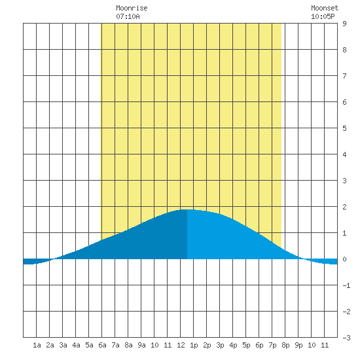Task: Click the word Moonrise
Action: pyautogui.click(x=132, y=8)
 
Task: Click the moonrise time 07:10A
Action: pyautogui.click(x=128, y=16)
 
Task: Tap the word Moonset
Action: pyautogui.click(x=325, y=8)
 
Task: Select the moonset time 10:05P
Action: pyautogui.click(x=323, y=16)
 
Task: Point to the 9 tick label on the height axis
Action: pyautogui.click(x=344, y=24)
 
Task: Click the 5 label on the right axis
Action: pyautogui.click(x=344, y=128)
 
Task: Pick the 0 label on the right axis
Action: pyautogui.click(x=344, y=259)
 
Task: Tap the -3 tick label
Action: pyautogui.click(x=346, y=338)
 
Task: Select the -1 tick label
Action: pyautogui.click(x=346, y=285)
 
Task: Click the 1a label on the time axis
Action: pyautogui.click(x=37, y=345)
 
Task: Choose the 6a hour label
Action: pyautogui.click(x=102, y=345)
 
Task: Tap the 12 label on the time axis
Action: pyautogui.click(x=181, y=345)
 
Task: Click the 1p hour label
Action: pyautogui.click(x=194, y=346)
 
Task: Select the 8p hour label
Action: pyautogui.click(x=285, y=346)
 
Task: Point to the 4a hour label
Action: pyautogui.click(x=76, y=345)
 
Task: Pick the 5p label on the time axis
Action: pyautogui.click(x=246, y=346)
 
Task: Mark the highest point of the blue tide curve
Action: pyautogui.click(x=187, y=209)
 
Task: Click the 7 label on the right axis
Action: pyautogui.click(x=344, y=76)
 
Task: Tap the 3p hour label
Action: pyautogui.click(x=220, y=346)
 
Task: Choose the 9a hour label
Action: pyautogui.click(x=141, y=345)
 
